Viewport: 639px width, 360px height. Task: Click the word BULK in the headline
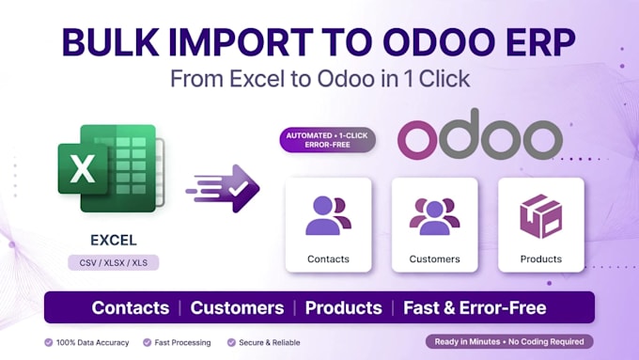pyautogui.click(x=110, y=42)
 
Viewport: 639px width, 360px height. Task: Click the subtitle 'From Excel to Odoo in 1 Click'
pyautogui.click(x=319, y=79)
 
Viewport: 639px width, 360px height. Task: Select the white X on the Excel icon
pyautogui.click(x=83, y=169)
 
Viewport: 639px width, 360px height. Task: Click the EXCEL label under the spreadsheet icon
pyautogui.click(x=114, y=240)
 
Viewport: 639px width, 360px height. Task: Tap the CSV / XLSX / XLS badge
pyautogui.click(x=114, y=263)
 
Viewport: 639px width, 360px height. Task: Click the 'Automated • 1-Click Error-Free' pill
pyautogui.click(x=327, y=140)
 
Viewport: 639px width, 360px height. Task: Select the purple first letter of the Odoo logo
pyautogui.click(x=415, y=139)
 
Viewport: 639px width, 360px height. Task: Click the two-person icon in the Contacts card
pyautogui.click(x=328, y=215)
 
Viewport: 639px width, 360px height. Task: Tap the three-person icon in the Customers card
pyautogui.click(x=434, y=216)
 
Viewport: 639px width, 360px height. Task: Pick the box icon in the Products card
pyautogui.click(x=540, y=216)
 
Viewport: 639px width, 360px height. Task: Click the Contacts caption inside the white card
pyautogui.click(x=328, y=258)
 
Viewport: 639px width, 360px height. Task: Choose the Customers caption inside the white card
pyautogui.click(x=434, y=258)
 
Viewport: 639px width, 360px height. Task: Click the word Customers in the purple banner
pyautogui.click(x=237, y=307)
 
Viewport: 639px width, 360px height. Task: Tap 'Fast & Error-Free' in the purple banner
pyautogui.click(x=475, y=307)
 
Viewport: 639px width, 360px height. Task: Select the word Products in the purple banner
pyautogui.click(x=344, y=307)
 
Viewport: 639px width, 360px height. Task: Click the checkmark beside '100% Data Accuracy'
pyautogui.click(x=49, y=342)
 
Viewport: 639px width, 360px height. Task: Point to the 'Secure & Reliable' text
pyautogui.click(x=270, y=342)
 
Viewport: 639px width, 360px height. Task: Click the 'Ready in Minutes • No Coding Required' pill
pyautogui.click(x=509, y=341)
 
